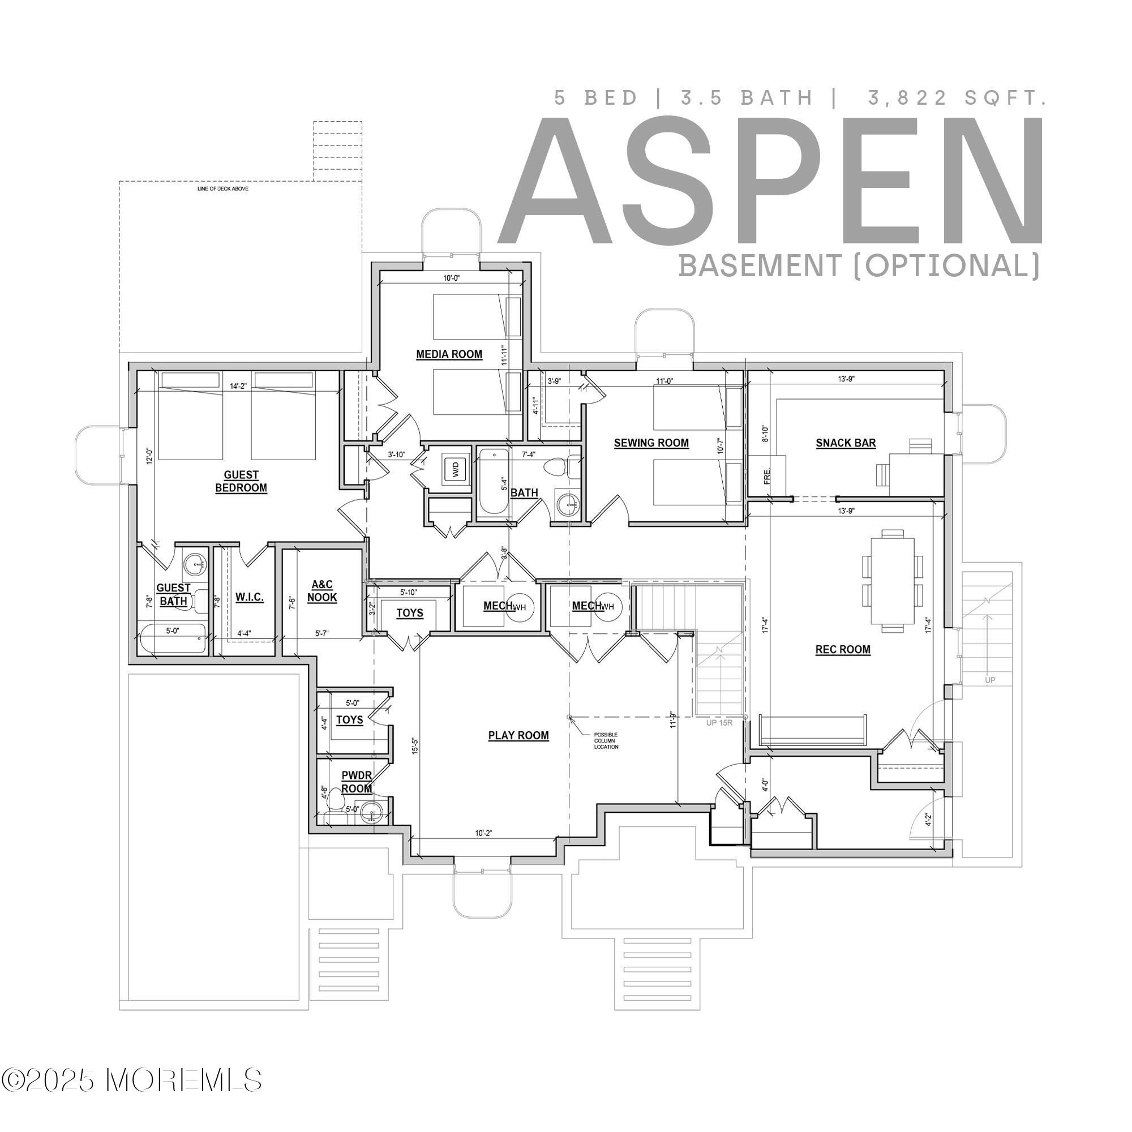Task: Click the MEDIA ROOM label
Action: coord(449,354)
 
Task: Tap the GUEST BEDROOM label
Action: coord(241,481)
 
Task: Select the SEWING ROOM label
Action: coord(651,443)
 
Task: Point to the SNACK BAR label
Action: coord(846,443)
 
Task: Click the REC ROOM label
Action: coord(843,649)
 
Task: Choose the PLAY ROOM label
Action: coord(518,735)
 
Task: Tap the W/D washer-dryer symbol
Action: coord(456,468)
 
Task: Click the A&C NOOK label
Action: coord(321,590)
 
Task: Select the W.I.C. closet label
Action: coord(250,597)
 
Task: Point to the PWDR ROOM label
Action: coord(356,782)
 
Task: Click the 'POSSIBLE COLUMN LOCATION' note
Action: coord(606,740)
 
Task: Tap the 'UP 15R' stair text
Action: coord(719,722)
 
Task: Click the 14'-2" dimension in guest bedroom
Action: coord(238,386)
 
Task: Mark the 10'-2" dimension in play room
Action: coord(483,833)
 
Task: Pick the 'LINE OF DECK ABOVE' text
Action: coord(222,188)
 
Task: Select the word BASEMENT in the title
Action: coord(760,265)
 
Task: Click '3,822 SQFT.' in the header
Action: coord(957,98)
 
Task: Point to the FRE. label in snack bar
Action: coord(767,476)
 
